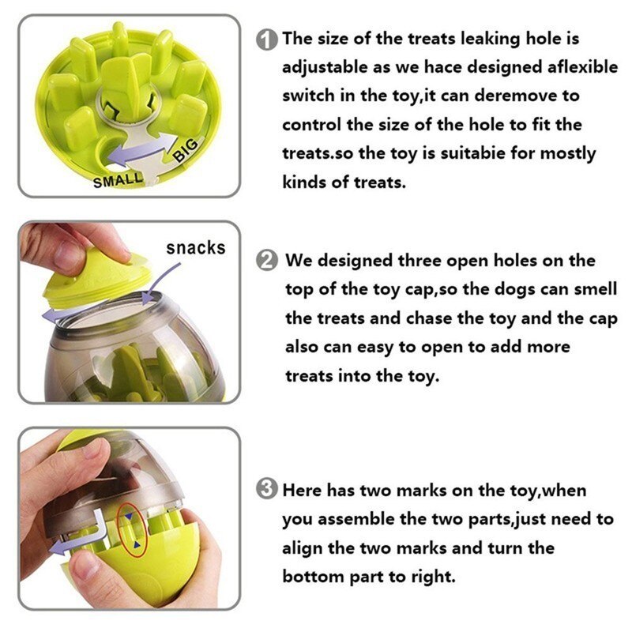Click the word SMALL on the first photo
coord(118,181)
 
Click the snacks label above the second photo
coord(195,248)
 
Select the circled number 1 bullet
coord(269,39)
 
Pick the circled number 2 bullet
coord(269,260)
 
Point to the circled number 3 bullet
coord(269,490)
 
